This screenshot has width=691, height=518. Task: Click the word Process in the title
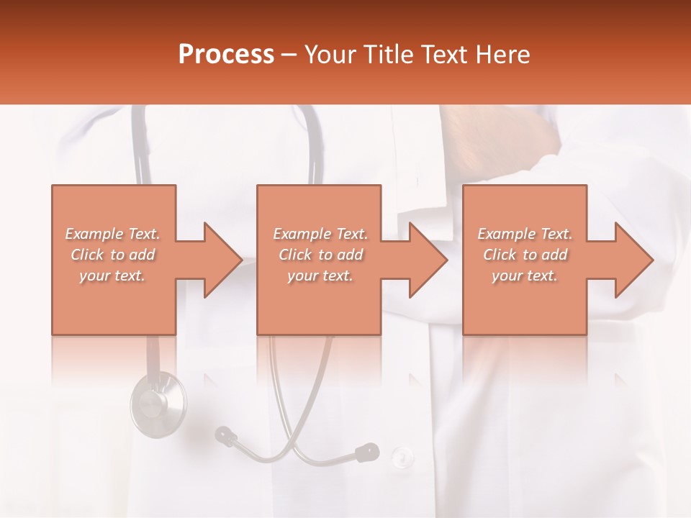(226, 54)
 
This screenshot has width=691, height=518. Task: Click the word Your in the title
(331, 54)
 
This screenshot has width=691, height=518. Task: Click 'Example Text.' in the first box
(113, 234)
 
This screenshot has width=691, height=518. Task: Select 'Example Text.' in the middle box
(320, 234)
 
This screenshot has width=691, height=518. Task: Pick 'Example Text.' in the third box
(525, 234)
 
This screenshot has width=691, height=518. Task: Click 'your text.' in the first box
(113, 276)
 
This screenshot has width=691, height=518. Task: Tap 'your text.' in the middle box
(320, 276)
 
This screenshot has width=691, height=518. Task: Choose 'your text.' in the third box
(525, 276)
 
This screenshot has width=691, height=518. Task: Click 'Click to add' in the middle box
(320, 255)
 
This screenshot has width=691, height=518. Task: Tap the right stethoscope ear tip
(368, 452)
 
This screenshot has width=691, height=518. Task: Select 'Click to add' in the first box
(113, 255)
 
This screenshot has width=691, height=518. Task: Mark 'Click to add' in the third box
(525, 255)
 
